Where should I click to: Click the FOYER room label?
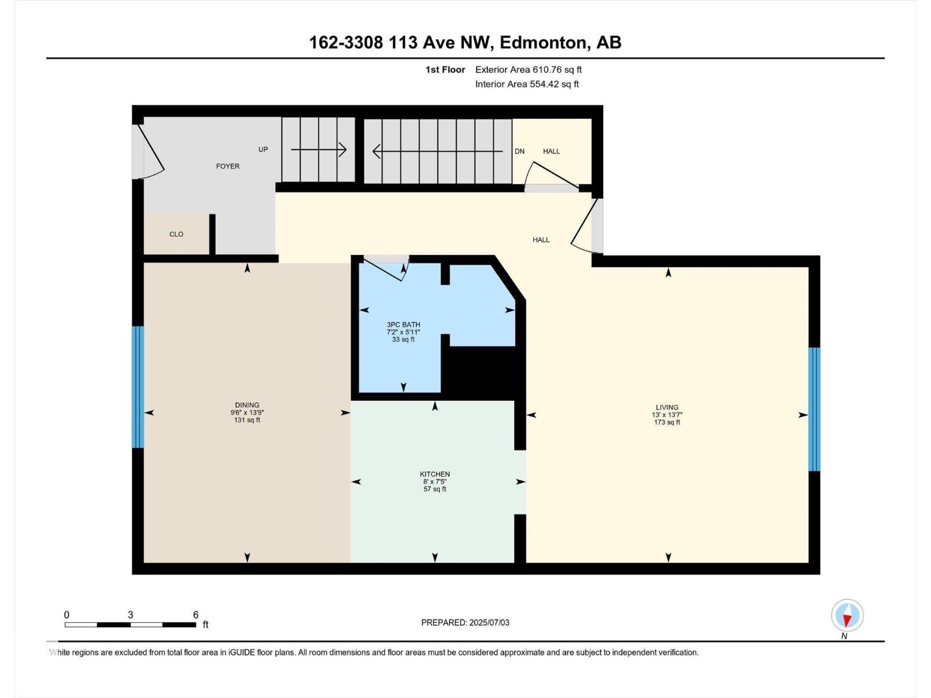228,166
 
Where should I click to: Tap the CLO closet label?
176,234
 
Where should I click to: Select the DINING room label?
247,405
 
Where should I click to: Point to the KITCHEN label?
435,474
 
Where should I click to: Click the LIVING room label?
667,407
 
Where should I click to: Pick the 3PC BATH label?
403,324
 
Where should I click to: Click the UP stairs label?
263,149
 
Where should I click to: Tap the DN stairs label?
520,151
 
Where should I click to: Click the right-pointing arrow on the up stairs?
318,149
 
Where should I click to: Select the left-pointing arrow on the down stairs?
438,151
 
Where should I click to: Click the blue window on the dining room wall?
138,386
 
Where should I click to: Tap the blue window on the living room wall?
814,409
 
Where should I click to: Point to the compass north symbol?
847,615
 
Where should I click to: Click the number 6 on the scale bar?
196,614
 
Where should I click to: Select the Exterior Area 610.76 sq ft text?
528,69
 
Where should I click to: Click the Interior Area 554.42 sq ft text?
527,84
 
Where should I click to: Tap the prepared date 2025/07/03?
489,622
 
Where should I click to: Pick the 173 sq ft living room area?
667,422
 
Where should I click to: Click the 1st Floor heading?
445,69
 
